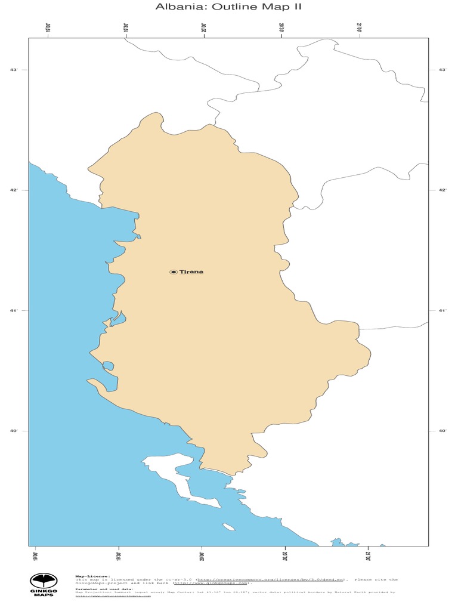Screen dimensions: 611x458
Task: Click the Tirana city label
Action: click(191, 272)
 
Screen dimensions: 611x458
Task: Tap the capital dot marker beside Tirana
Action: click(174, 272)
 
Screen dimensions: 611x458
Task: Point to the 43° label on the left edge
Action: click(13, 70)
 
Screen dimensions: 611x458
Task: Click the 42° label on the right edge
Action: click(442, 190)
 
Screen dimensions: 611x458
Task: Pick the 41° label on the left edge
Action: click(13, 311)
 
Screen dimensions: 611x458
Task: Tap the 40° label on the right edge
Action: click(442, 431)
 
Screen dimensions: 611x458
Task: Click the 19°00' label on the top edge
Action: click(48, 28)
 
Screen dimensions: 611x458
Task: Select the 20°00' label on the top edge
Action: click(204, 28)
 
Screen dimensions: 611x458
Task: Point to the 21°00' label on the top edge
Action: click(360, 28)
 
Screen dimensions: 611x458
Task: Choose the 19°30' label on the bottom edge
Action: click(118, 555)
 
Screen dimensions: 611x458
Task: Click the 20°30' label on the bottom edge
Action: click(284, 555)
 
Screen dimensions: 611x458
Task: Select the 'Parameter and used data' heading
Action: click(104, 589)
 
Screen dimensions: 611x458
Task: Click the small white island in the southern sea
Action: click(229, 527)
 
